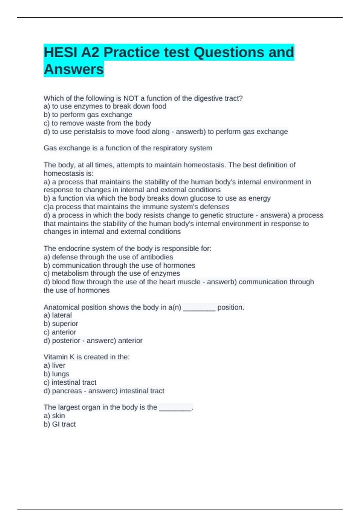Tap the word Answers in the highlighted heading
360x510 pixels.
pyautogui.click(x=74, y=69)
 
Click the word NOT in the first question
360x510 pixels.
pyautogui.click(x=131, y=98)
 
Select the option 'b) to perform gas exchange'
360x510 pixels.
pyautogui.click(x=88, y=115)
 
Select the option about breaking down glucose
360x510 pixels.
pyautogui.click(x=157, y=198)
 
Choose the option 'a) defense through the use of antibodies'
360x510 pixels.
pyautogui.click(x=108, y=257)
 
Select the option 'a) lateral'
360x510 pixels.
pyautogui.click(x=58, y=315)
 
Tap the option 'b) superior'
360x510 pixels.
pyautogui.click(x=61, y=323)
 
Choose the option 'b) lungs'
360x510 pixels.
pyautogui.click(x=56, y=374)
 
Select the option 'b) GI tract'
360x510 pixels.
pyautogui.click(x=60, y=424)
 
